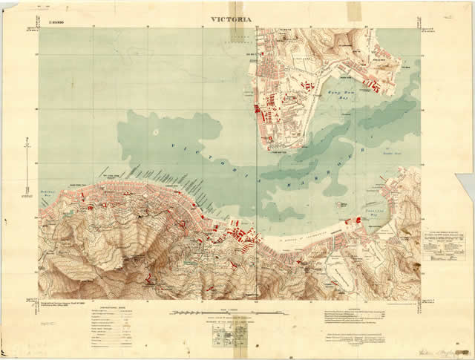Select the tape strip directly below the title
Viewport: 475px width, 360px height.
pyautogui.click(x=241, y=30)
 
